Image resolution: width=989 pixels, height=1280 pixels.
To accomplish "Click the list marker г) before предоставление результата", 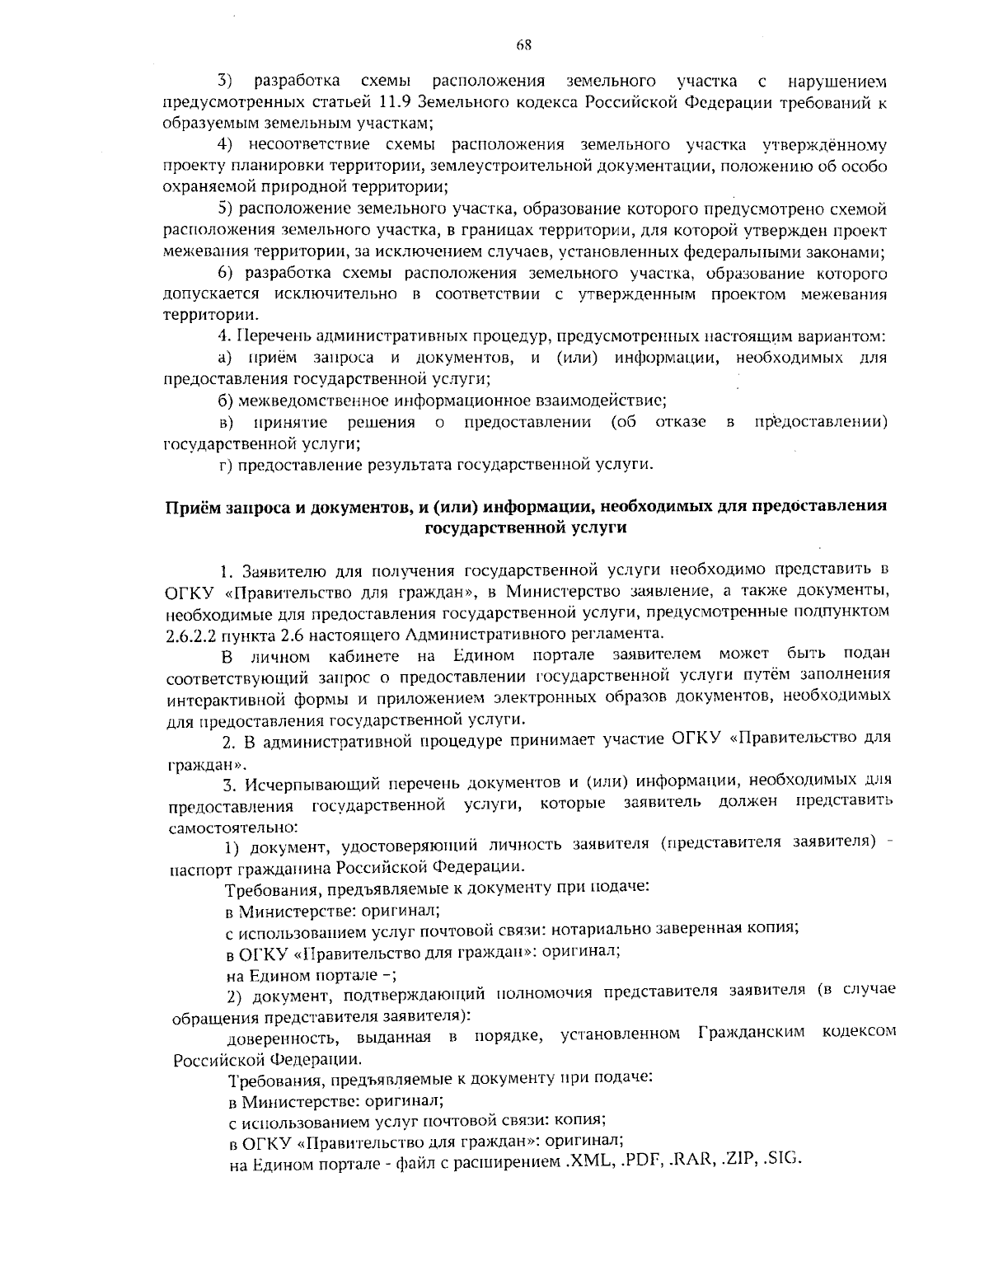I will click(223, 465).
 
